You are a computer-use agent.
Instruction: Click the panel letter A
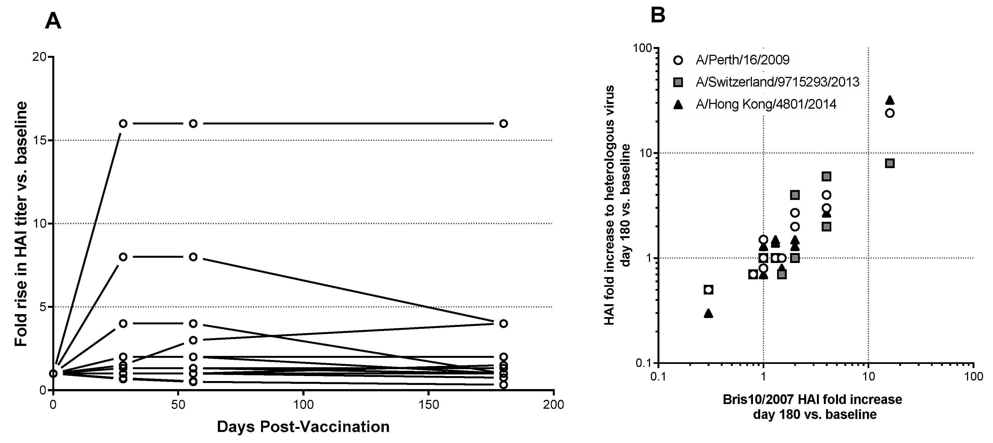[53, 21]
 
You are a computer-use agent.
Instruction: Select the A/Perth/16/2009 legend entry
[742, 60]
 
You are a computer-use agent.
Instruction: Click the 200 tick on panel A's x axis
[554, 405]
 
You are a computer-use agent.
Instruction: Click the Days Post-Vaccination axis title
[303, 427]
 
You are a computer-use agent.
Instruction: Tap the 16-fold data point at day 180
[503, 124]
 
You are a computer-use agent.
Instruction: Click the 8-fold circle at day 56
[193, 257]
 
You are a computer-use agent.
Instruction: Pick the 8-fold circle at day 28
[123, 257]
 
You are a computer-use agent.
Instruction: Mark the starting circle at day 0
[54, 373]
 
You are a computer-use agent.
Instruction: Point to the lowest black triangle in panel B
[708, 314]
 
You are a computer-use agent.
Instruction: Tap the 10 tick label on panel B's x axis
[868, 376]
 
